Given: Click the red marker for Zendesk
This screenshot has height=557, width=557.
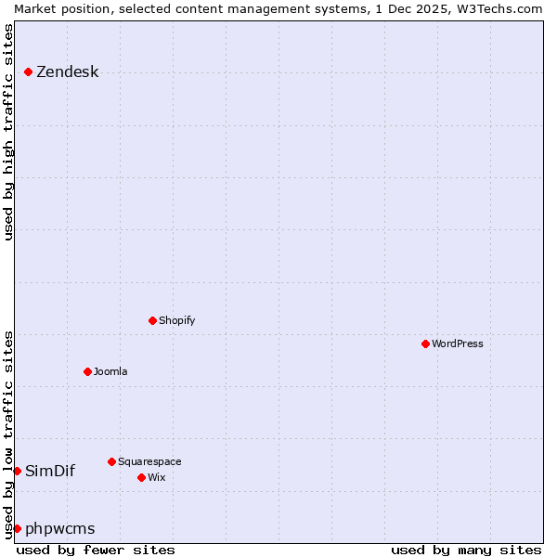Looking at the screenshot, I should pyautogui.click(x=29, y=71).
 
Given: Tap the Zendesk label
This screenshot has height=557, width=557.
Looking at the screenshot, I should pyautogui.click(x=67, y=72).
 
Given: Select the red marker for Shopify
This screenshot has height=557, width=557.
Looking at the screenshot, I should pyautogui.click(x=152, y=320).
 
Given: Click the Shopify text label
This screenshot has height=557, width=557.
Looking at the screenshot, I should pyautogui.click(x=176, y=320).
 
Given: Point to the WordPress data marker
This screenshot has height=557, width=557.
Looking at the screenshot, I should pyautogui.click(x=425, y=343).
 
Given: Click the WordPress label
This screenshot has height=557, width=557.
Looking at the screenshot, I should pyautogui.click(x=457, y=343).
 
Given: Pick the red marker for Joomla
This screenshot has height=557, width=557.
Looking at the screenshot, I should pyautogui.click(x=87, y=371).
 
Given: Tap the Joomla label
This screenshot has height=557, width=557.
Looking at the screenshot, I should pyautogui.click(x=110, y=371).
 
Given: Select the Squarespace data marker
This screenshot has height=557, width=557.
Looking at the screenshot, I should pyautogui.click(x=111, y=461).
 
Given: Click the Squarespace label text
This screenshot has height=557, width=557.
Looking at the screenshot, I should pyautogui.click(x=149, y=461).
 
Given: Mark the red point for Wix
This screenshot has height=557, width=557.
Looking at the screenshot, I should pyautogui.click(x=141, y=477).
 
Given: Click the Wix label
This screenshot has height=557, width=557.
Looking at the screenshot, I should pyautogui.click(x=156, y=477).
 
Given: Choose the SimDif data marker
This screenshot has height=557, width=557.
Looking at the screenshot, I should pyautogui.click(x=17, y=471).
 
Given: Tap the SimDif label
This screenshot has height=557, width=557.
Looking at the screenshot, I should pyautogui.click(x=50, y=471).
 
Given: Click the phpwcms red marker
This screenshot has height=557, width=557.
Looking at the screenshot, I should pyautogui.click(x=17, y=528).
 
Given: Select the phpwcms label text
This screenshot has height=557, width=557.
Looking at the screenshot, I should pyautogui.click(x=59, y=529).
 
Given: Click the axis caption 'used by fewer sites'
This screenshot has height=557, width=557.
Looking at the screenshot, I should pyautogui.click(x=96, y=550).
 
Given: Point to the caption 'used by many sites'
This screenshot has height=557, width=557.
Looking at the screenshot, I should pyautogui.click(x=466, y=550).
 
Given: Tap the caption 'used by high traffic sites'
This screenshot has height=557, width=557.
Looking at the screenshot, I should pyautogui.click(x=8, y=132).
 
